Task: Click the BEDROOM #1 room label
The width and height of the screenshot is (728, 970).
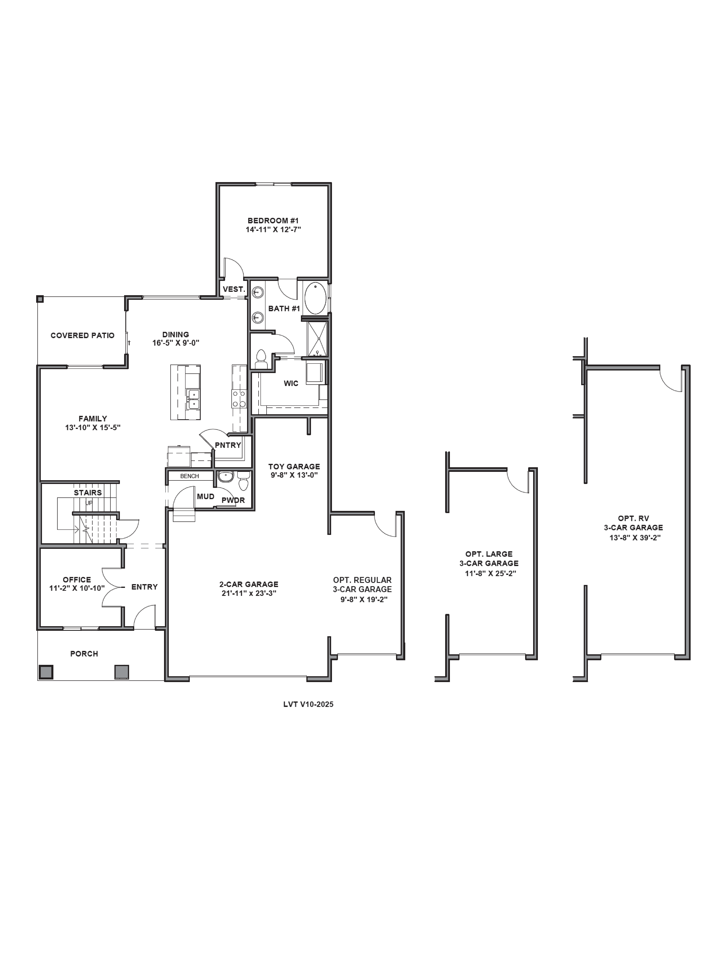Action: coord(273,221)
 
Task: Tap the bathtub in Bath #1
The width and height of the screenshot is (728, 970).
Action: coord(315,298)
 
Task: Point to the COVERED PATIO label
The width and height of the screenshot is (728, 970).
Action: coord(83,335)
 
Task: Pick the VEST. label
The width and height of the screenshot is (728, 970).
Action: coord(233,289)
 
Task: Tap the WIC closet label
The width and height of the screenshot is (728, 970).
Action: coord(291,383)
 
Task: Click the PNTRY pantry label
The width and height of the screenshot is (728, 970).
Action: coord(228,445)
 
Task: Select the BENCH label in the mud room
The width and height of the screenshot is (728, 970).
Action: coord(190,476)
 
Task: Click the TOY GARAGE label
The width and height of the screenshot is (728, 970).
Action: coord(294,467)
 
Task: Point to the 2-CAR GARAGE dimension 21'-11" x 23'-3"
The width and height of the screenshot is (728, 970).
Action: coord(249,593)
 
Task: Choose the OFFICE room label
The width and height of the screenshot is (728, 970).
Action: coord(77,580)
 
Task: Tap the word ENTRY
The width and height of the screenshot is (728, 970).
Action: coord(144,587)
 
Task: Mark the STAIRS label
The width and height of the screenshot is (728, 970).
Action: coord(88,492)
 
